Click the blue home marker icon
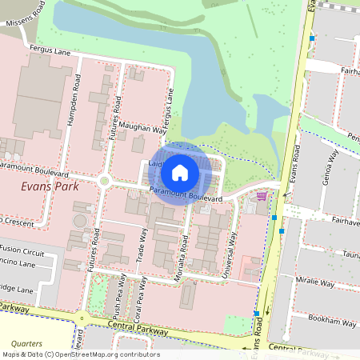click(x=180, y=172)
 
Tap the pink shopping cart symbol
click(x=261, y=195)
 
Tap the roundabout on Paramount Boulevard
click(x=103, y=182)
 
